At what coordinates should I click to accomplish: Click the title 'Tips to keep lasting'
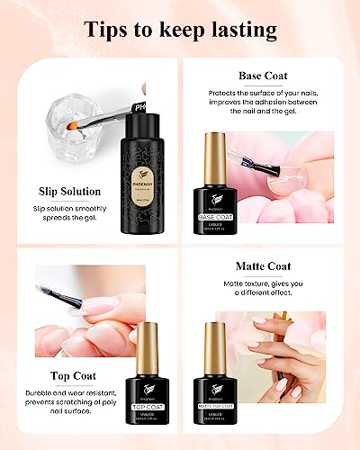[180, 29]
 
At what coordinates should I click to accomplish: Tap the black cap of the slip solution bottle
[135, 108]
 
